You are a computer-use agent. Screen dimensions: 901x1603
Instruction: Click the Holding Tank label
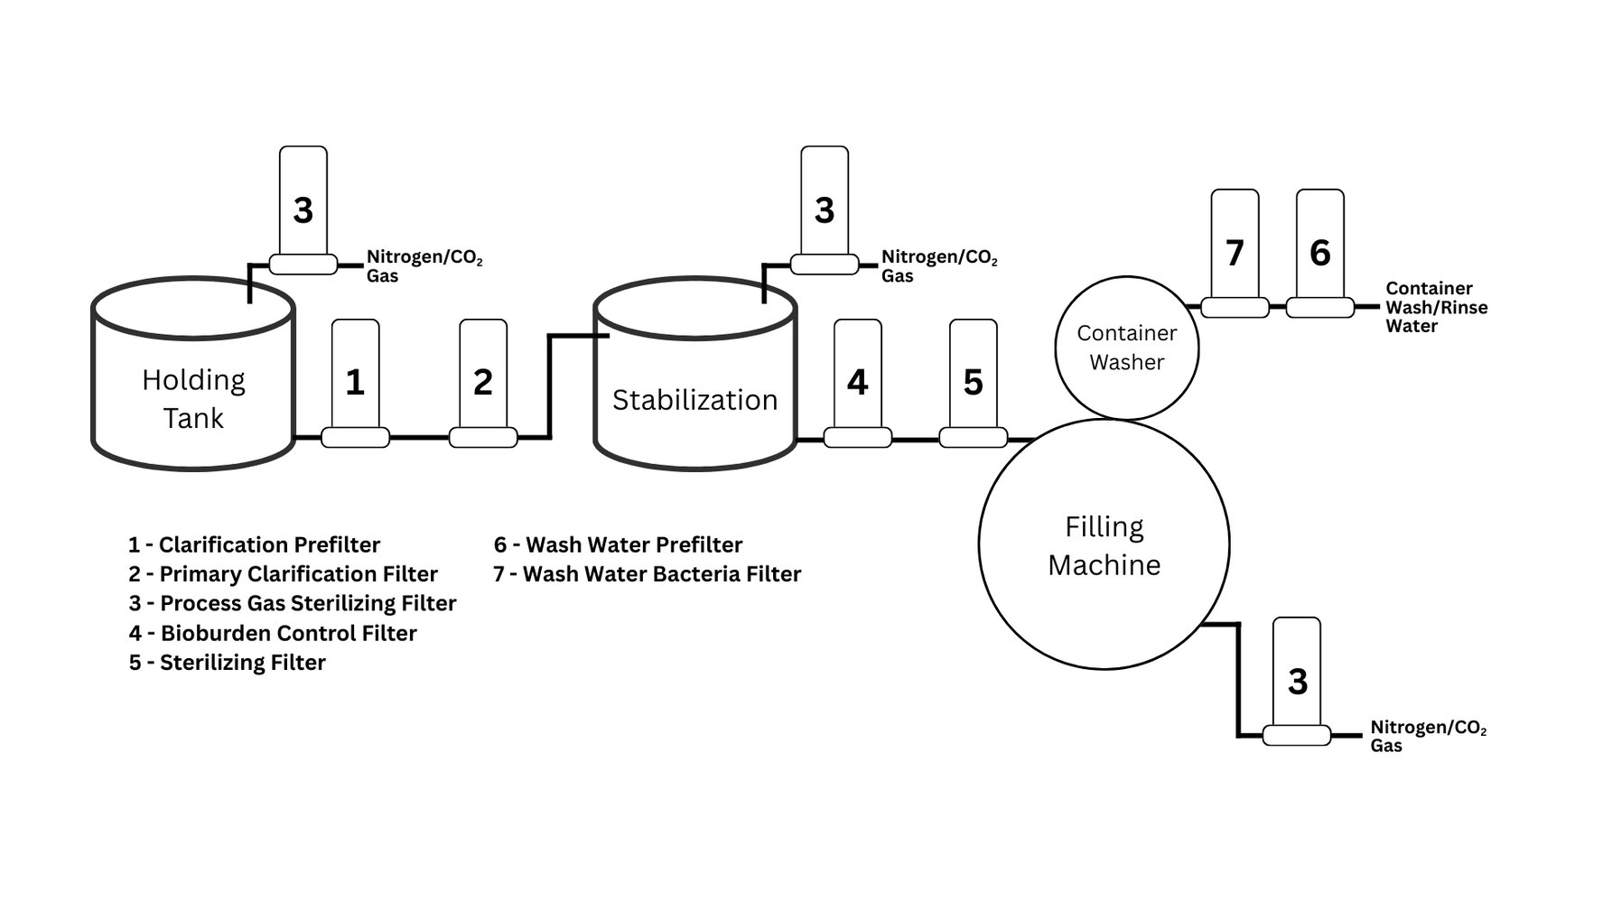pos(193,399)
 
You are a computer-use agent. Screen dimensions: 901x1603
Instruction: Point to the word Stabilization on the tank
pos(694,400)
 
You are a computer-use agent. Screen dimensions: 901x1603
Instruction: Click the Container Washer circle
pos(1126,348)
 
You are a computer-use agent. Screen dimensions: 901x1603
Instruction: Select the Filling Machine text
pos(1104,545)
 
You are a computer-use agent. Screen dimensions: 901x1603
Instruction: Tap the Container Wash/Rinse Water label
pos(1436,307)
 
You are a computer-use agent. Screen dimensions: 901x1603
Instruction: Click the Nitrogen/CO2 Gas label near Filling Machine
pos(1427,736)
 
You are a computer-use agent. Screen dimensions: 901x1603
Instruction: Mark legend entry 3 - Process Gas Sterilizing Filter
pos(292,603)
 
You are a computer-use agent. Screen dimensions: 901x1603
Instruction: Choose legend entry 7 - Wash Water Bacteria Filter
pos(647,574)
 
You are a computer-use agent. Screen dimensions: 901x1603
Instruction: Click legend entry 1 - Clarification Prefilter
pos(254,544)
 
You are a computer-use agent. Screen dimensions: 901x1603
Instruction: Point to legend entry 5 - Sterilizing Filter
pos(227,663)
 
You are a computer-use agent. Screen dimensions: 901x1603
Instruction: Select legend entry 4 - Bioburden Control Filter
pos(272,633)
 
